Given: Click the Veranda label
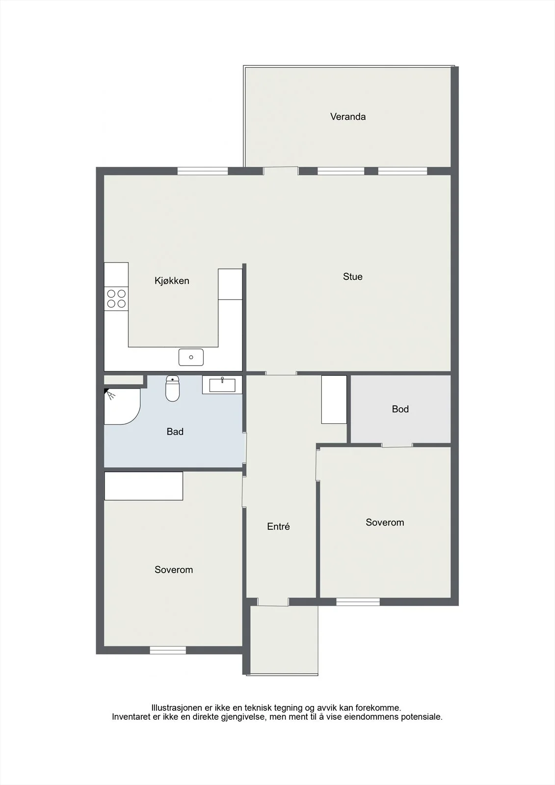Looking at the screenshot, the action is [348, 117].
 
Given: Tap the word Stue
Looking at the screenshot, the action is [352, 277].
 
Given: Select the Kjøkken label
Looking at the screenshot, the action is [172, 281].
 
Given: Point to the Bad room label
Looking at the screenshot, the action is [175, 431].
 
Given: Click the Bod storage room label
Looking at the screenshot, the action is [400, 409].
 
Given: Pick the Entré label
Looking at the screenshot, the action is [278, 526].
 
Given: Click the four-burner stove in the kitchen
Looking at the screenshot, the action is [116, 299].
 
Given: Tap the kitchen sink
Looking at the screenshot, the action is [191, 357].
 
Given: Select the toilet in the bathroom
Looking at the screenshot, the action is [173, 388].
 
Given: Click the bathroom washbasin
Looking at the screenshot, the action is [222, 385].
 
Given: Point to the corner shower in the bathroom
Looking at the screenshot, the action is [122, 406].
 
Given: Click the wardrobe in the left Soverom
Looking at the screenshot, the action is [144, 486].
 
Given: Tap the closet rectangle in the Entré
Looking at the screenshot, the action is [334, 399].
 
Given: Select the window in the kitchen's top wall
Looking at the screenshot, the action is [203, 171].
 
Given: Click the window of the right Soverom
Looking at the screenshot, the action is [358, 602].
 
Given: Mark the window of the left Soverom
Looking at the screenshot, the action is [168, 650].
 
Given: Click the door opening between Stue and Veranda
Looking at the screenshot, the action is [281, 171].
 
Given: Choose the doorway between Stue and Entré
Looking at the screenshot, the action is [281, 373].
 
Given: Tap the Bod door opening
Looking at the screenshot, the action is [397, 445].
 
